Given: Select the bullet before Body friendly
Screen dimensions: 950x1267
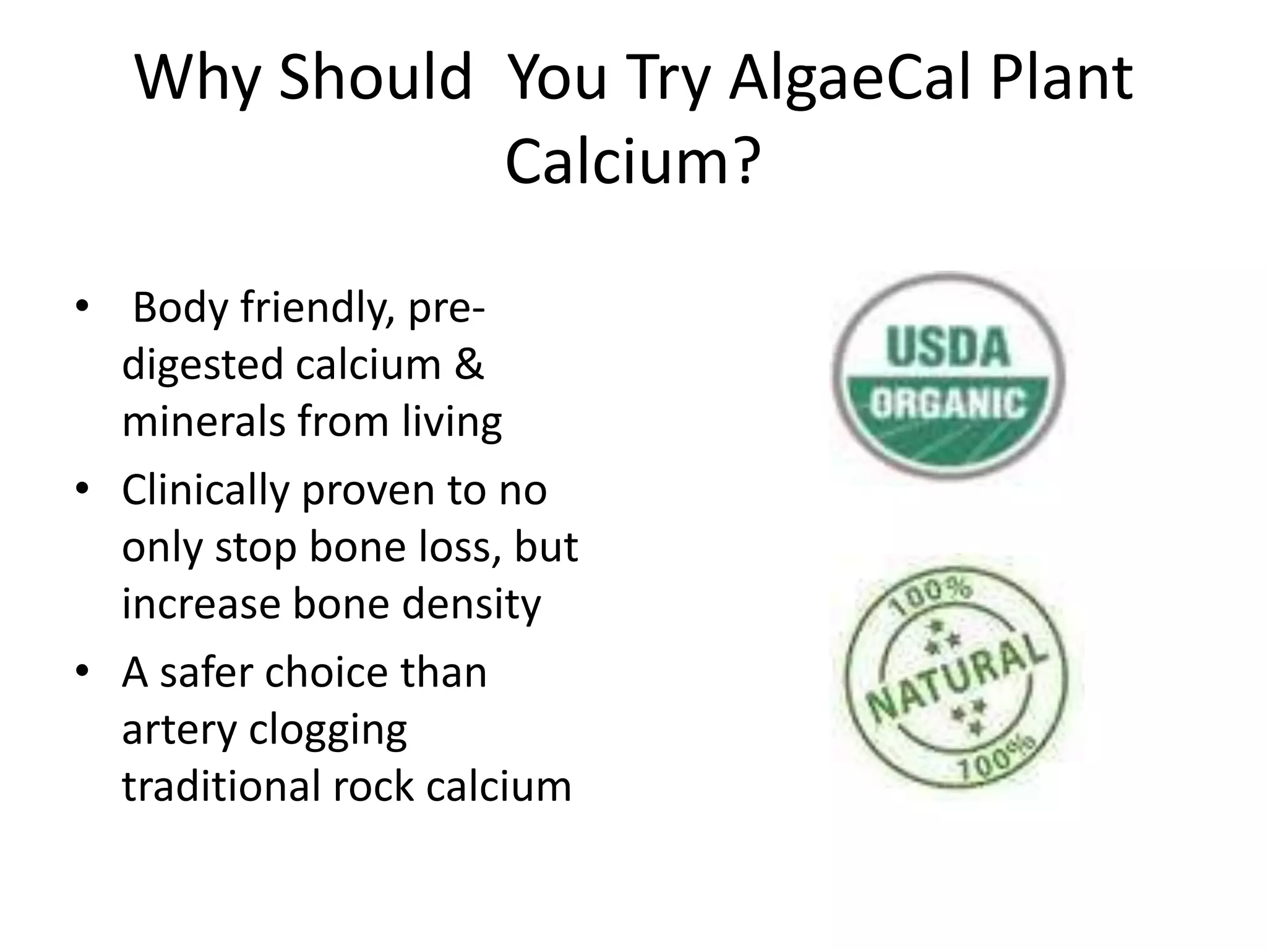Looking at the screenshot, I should coord(82,307).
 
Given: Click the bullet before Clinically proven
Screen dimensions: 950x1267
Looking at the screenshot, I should coord(82,490).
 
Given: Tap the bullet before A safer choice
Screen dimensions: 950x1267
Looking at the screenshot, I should coord(82,673).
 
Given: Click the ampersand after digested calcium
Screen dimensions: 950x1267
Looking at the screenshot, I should coord(468,364).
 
